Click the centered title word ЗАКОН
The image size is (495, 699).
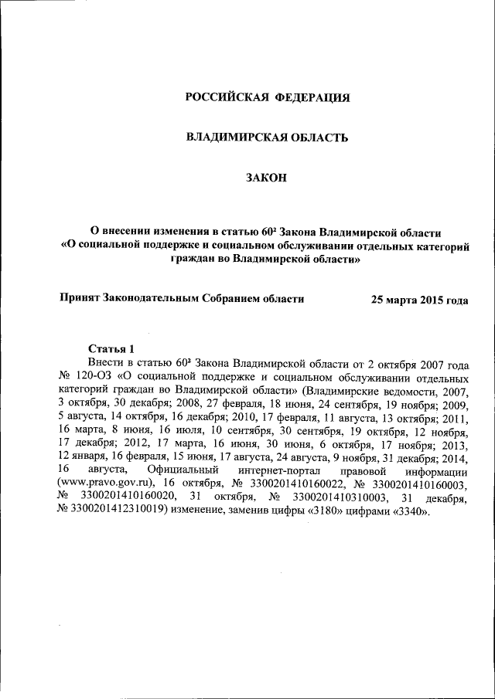[x=266, y=178]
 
